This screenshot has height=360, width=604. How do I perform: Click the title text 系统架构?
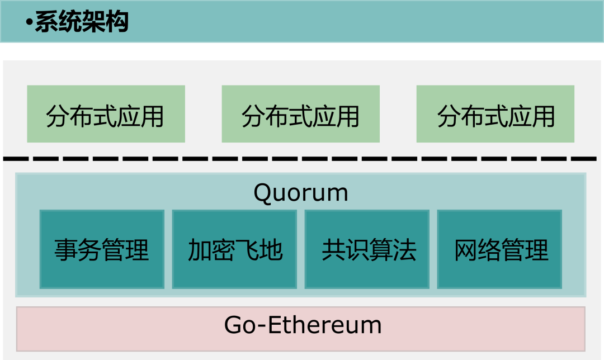pyautogui.click(x=82, y=22)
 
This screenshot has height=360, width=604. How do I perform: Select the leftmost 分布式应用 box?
pyautogui.click(x=106, y=114)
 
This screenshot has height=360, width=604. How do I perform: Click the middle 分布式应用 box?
pyautogui.click(x=300, y=114)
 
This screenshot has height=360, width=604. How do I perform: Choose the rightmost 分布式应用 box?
pyautogui.click(x=496, y=114)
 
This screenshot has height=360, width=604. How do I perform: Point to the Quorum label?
pyautogui.click(x=301, y=193)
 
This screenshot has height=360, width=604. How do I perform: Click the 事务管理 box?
pyautogui.click(x=102, y=249)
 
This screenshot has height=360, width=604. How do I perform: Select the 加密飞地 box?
pyautogui.click(x=234, y=249)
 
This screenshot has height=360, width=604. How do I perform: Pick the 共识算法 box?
pyautogui.click(x=367, y=249)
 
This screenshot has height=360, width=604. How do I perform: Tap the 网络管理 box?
pyautogui.click(x=499, y=249)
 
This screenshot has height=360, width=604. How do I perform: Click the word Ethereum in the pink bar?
pyautogui.click(x=325, y=325)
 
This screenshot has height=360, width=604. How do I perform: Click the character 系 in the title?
pyautogui.click(x=46, y=22)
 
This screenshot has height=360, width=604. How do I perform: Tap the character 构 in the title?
pyautogui.click(x=117, y=22)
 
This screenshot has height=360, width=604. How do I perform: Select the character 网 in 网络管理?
pyautogui.click(x=466, y=250)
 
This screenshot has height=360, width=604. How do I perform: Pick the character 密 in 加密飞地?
pyautogui.click(x=223, y=250)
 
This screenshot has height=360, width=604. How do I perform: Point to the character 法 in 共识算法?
pyautogui.click(x=405, y=250)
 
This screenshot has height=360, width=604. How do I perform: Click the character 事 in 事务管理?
pyautogui.click(x=66, y=250)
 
